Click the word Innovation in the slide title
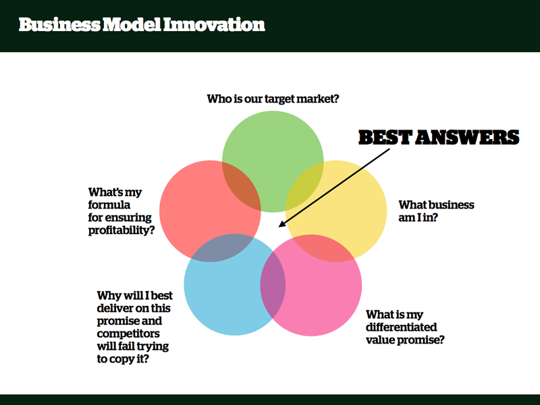pyautogui.click(x=214, y=24)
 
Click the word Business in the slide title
pyautogui.click(x=59, y=24)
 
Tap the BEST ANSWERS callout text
pyautogui.click(x=439, y=137)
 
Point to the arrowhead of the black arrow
pyautogui.click(x=281, y=224)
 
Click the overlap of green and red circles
pyautogui.click(x=242, y=186)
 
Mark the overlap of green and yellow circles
pyautogui.click(x=304, y=186)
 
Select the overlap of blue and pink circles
pyautogui.click(x=273, y=285)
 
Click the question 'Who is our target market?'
pyautogui.click(x=273, y=99)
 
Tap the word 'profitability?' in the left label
pyautogui.click(x=122, y=230)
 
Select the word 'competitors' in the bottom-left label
pyautogui.click(x=128, y=333)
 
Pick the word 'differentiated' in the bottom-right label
pyautogui.click(x=401, y=327)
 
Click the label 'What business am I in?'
pyautogui.click(x=436, y=211)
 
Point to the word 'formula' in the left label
pyautogui.click(x=109, y=205)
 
